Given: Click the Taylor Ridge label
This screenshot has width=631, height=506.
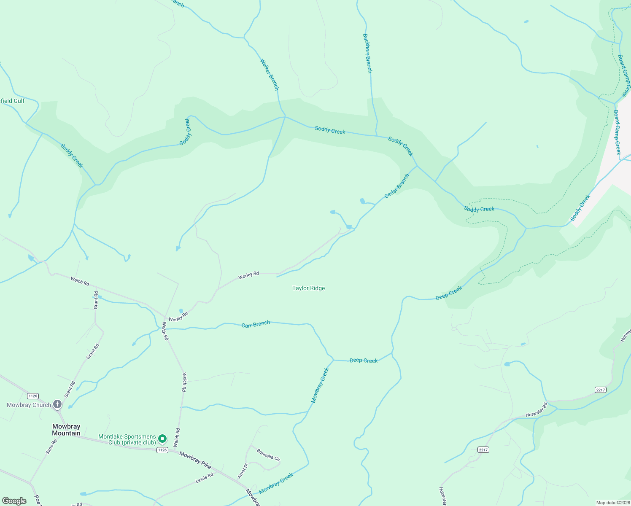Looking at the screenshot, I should coord(308,288).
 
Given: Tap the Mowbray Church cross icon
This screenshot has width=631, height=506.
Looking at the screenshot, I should coord(57,405).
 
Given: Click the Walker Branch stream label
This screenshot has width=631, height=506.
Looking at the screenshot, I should coord(269,75).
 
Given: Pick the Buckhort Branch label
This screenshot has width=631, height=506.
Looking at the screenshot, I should coord(367,54).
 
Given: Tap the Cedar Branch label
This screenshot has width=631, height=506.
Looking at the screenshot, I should coord(397,186).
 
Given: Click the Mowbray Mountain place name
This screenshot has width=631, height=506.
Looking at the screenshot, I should coord(66,430).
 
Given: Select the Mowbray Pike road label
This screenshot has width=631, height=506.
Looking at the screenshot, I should coord(195,460).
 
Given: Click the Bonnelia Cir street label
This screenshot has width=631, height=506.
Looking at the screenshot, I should coord(268,455).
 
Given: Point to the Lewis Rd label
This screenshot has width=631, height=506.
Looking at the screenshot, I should coord(205,478).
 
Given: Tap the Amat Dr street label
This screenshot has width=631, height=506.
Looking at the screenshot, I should coord(242,471).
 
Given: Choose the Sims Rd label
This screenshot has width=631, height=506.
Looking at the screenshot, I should coord(51,447).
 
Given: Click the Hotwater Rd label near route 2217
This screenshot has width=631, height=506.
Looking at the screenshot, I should coord(536,410).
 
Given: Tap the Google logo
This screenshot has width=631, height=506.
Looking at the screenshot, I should coord(14,501).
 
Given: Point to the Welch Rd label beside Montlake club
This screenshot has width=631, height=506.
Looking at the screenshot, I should coord(177,437).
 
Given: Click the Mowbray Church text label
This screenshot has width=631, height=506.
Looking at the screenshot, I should coord(29,405).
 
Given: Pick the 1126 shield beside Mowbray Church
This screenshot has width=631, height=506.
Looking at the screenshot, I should coord(32,396).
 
